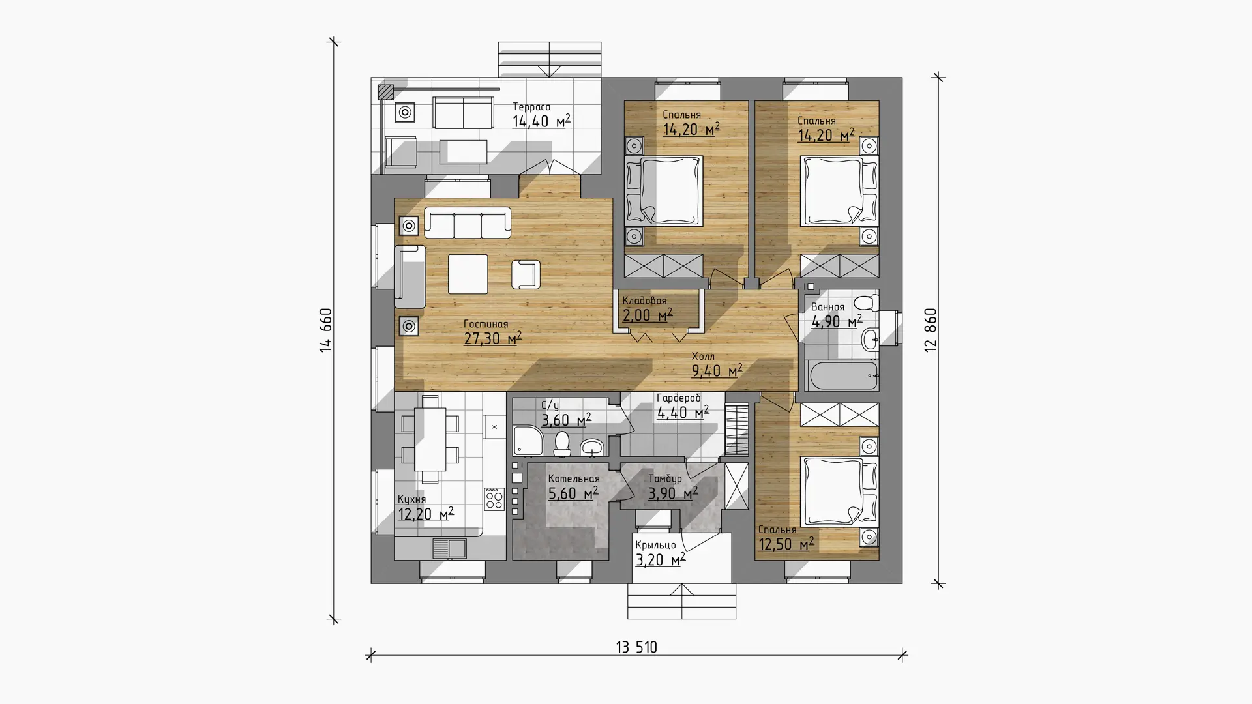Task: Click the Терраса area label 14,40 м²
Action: tap(541, 121)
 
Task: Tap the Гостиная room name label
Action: tap(486, 324)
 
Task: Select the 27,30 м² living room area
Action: tap(493, 338)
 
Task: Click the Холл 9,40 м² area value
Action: tap(717, 372)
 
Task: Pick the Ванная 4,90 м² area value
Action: tap(837, 321)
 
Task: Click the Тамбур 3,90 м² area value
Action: tap(673, 493)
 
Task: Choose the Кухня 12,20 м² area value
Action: tap(426, 514)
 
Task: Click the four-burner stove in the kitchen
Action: tap(494, 499)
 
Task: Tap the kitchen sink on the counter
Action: tap(449, 548)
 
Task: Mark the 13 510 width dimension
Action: tap(636, 647)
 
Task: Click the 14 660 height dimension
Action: tap(326, 330)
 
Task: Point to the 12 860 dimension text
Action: tap(931, 330)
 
